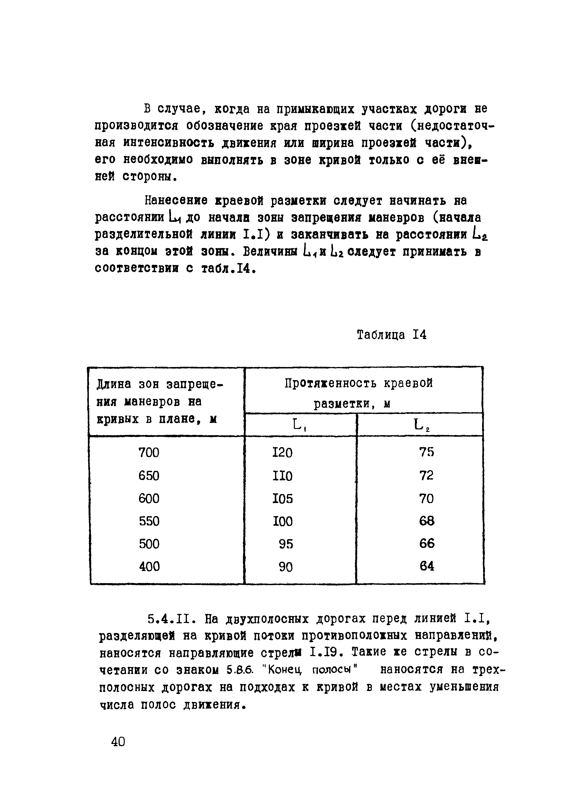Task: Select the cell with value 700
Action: pos(149,452)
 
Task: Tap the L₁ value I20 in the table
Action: pos(282,452)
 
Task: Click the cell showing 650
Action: pos(149,476)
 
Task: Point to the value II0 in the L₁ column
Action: pos(282,476)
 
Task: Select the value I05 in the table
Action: pos(283,499)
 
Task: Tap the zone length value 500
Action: pos(149,544)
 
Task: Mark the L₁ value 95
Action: pos(285,544)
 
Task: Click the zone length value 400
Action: pos(149,566)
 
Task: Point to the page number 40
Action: pos(118,742)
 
